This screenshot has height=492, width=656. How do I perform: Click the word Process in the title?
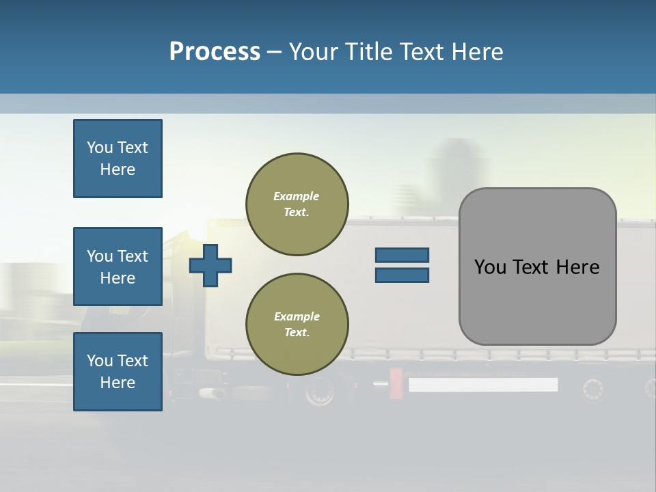coord(215,52)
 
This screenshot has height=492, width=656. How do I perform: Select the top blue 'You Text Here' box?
coord(118,159)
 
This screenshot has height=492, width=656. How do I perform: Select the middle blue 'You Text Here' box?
coord(118,266)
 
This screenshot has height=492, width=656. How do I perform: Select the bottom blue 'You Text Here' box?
coord(118,372)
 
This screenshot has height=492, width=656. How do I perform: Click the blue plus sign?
coord(210,265)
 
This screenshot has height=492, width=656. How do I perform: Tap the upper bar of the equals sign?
coord(402,255)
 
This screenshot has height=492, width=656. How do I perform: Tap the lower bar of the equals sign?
coord(402,275)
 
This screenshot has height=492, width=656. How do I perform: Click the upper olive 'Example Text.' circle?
coord(297,204)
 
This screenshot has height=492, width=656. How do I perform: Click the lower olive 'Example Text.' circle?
coord(297,325)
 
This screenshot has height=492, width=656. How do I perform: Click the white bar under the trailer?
coord(482,385)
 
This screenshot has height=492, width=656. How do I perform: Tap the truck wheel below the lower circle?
coord(319,392)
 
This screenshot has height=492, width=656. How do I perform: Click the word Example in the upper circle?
coord(297,196)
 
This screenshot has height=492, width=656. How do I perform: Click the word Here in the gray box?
coord(577,267)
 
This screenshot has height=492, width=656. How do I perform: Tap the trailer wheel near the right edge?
coord(593,389)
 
